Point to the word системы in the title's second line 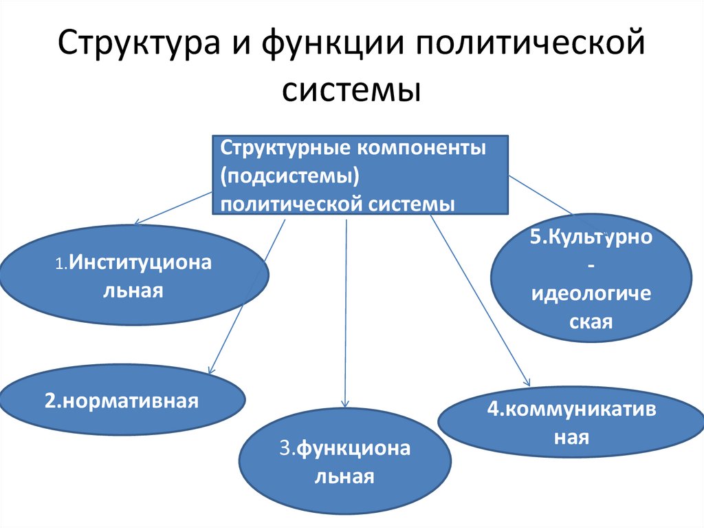(x=351, y=90)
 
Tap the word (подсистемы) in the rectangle (x=291, y=176)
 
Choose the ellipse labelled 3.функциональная (x=344, y=461)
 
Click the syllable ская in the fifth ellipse (x=591, y=320)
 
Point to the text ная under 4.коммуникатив (x=572, y=437)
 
